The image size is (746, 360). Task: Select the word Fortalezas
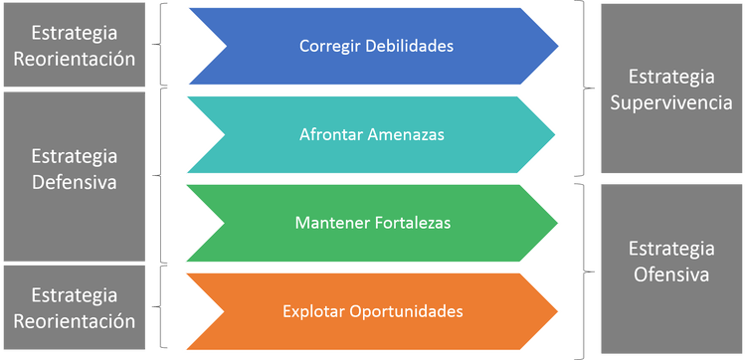[x=413, y=223]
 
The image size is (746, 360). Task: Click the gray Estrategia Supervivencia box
[x=670, y=90]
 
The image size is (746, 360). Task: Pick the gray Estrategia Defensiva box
[x=75, y=170]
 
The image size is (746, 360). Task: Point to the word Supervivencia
[x=670, y=101]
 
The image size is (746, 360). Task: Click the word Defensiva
[x=75, y=182]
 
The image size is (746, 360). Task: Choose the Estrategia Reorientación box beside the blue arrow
[x=75, y=46]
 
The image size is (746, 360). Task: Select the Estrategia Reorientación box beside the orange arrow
[x=75, y=308]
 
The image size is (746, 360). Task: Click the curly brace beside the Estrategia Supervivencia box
[x=586, y=91]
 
